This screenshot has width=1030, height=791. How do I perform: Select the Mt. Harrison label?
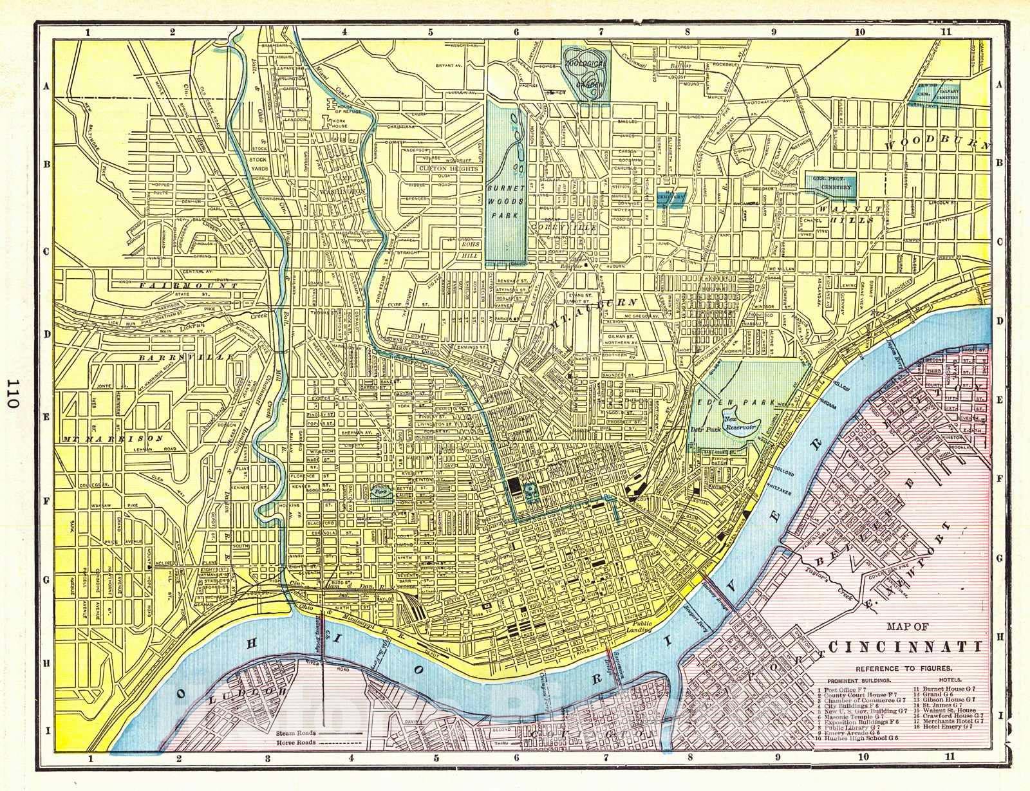click(x=113, y=438)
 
